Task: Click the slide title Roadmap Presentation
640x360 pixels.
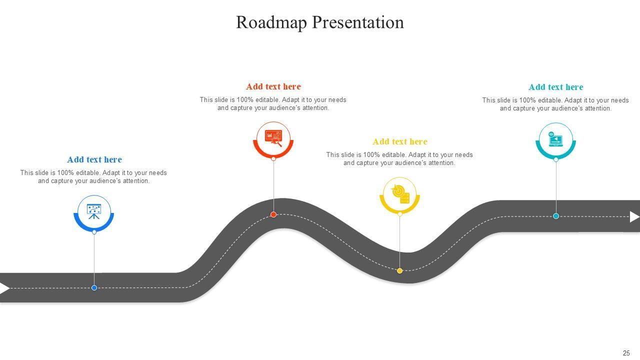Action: click(x=320, y=22)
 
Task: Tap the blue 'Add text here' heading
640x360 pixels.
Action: click(x=94, y=159)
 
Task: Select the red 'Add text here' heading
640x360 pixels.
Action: click(x=273, y=86)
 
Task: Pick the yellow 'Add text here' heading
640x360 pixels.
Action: click(x=400, y=141)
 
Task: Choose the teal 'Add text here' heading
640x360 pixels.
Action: click(x=556, y=87)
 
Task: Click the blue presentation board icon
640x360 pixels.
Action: click(x=94, y=212)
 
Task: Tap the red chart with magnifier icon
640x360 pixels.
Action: click(x=273, y=138)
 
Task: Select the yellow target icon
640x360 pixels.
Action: click(x=400, y=194)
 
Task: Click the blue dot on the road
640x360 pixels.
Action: click(x=94, y=287)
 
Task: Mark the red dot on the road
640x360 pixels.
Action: click(x=273, y=214)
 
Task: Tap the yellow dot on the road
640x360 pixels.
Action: click(x=400, y=270)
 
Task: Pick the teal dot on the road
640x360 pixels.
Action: click(x=556, y=216)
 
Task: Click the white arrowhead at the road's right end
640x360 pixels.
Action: click(x=634, y=216)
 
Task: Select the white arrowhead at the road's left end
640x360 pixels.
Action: click(x=4, y=288)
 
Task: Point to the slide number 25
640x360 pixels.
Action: click(x=626, y=353)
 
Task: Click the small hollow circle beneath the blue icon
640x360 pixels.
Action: click(x=94, y=232)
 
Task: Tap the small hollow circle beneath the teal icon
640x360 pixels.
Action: click(x=556, y=159)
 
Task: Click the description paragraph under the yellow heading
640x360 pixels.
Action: click(x=399, y=159)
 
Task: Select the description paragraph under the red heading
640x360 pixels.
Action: click(x=273, y=103)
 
